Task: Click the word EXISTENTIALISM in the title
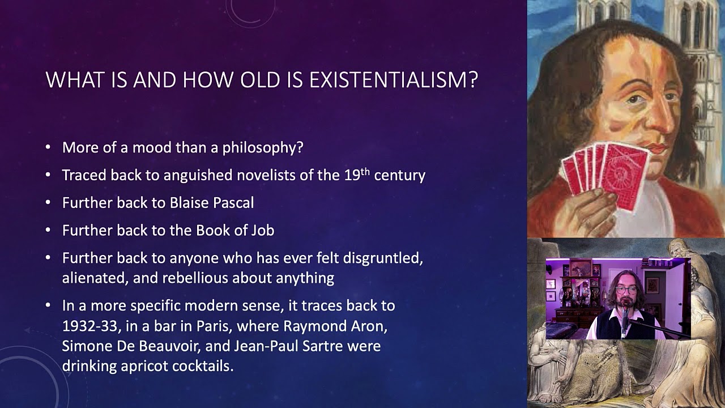click(x=394, y=80)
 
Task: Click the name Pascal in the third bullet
click(x=233, y=202)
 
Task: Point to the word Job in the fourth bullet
click(x=263, y=230)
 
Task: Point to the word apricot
click(x=145, y=366)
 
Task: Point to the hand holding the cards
click(x=589, y=210)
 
